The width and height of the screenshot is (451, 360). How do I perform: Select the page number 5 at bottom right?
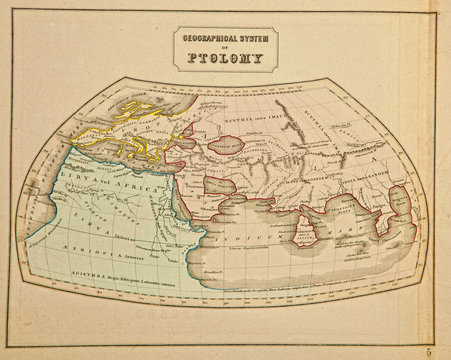tap(428, 350)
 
